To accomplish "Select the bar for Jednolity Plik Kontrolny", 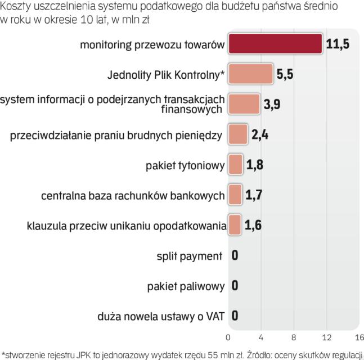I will click(x=250, y=74).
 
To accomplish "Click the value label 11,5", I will click(x=338, y=44).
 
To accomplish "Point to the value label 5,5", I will click(x=285, y=74).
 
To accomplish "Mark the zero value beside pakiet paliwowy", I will click(x=235, y=286).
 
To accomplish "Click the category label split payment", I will click(x=189, y=256).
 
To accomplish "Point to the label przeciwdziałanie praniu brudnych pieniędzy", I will click(x=116, y=135).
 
